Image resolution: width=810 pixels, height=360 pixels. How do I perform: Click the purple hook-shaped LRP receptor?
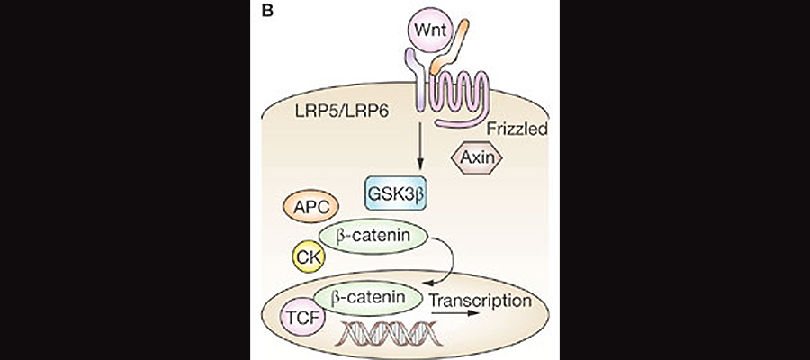[x=416, y=81]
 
